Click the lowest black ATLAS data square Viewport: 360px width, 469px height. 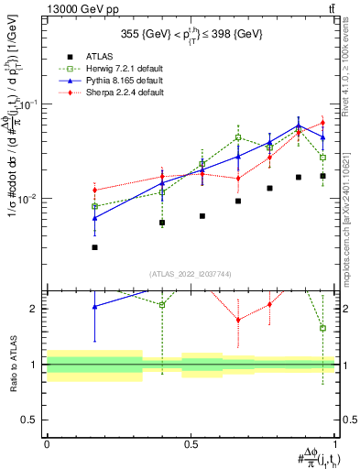pos(94,247)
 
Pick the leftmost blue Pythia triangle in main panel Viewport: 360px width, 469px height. pos(94,218)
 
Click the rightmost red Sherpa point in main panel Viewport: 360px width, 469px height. pos(322,123)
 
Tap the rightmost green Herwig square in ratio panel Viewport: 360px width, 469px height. pos(322,328)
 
